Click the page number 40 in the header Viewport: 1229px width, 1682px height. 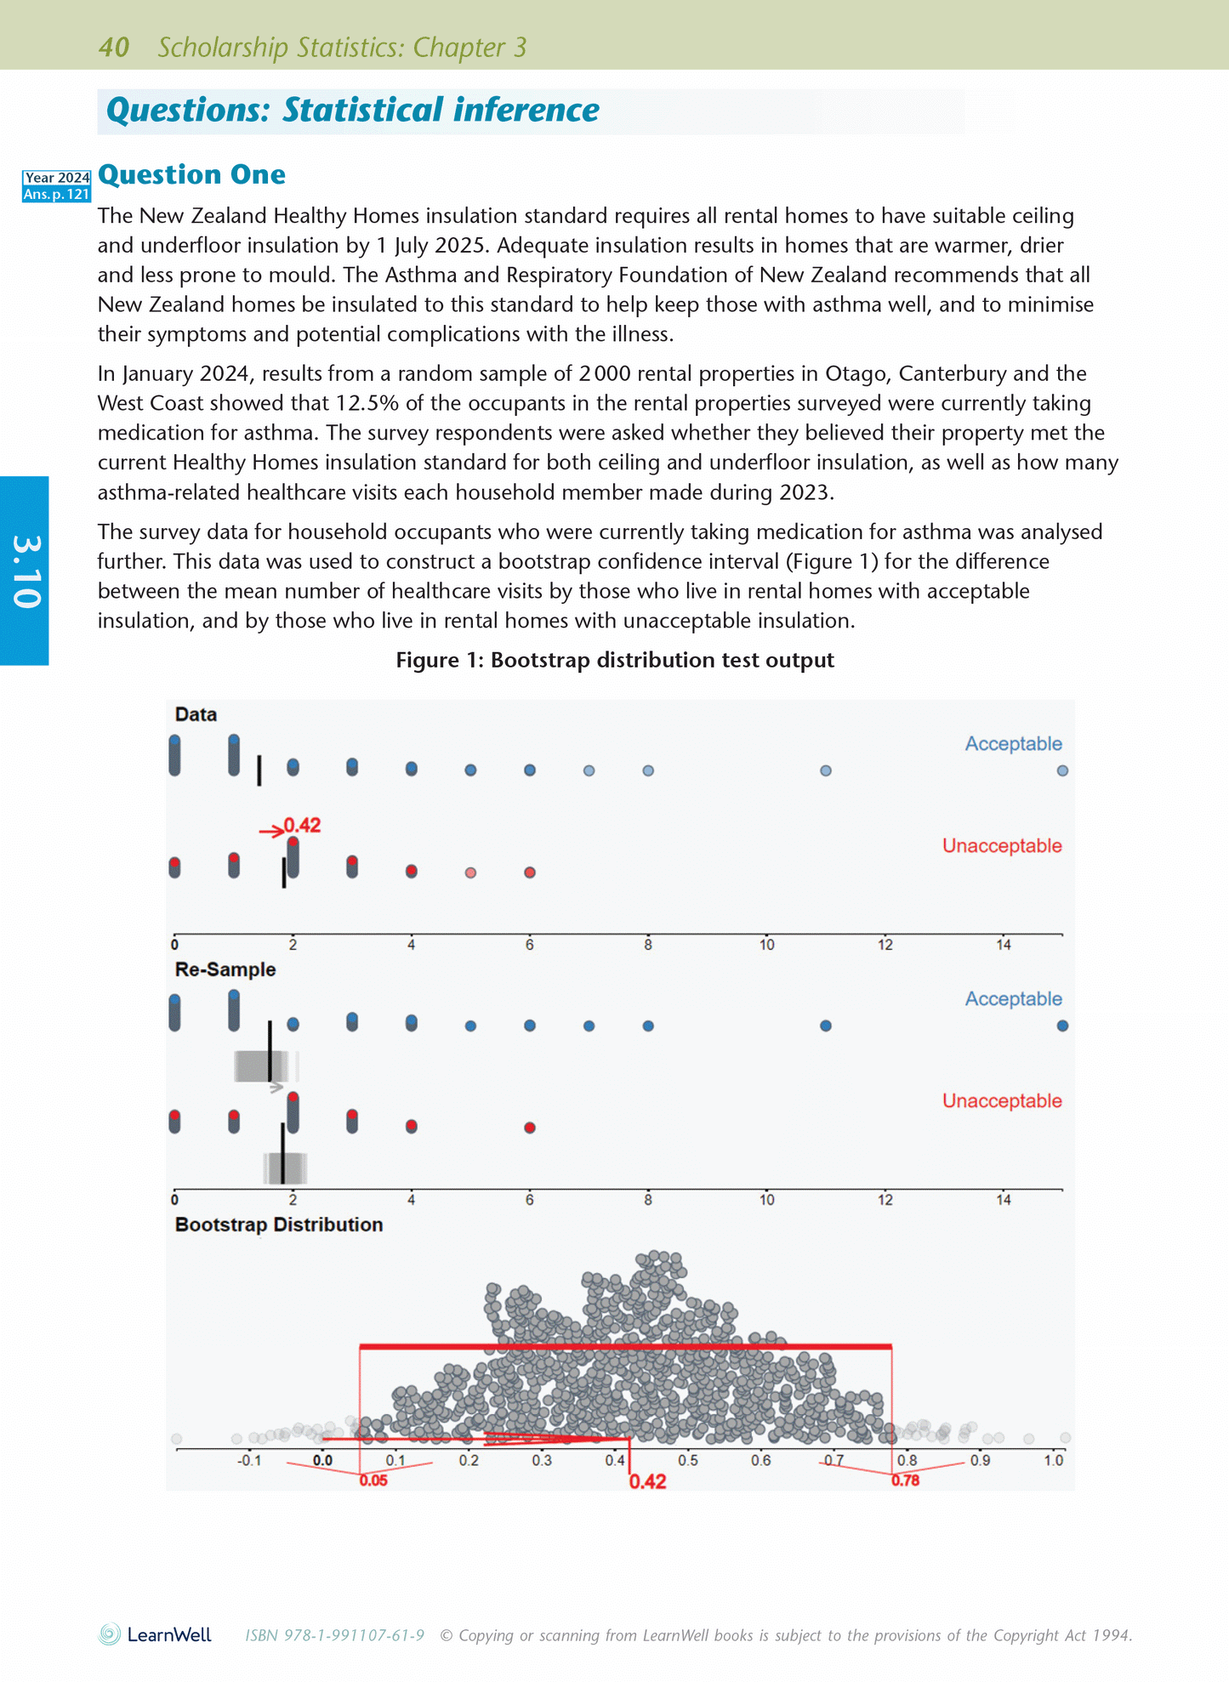114,47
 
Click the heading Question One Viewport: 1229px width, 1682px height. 191,174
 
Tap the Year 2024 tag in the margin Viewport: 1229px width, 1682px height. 57,178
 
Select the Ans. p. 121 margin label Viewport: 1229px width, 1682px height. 57,194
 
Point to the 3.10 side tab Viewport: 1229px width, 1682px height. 26,571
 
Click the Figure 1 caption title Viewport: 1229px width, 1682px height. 614,660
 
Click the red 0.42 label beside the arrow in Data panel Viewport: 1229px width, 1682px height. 302,825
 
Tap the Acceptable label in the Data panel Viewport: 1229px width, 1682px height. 1013,744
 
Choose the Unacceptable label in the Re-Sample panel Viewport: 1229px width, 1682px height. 1001,1100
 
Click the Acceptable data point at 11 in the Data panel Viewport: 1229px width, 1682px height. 825,770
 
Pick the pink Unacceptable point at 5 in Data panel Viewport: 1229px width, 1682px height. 470,872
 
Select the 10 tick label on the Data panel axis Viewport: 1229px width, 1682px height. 766,945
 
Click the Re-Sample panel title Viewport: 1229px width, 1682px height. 225,969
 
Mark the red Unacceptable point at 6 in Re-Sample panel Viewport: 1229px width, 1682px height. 530,1128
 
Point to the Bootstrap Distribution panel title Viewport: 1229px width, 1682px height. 278,1225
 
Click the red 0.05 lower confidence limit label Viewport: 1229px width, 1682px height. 373,1480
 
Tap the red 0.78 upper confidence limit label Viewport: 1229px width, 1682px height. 905,1480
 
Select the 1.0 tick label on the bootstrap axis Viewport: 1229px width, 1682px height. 1053,1460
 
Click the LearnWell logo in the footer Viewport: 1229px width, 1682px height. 155,1634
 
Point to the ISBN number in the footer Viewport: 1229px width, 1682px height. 334,1635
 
